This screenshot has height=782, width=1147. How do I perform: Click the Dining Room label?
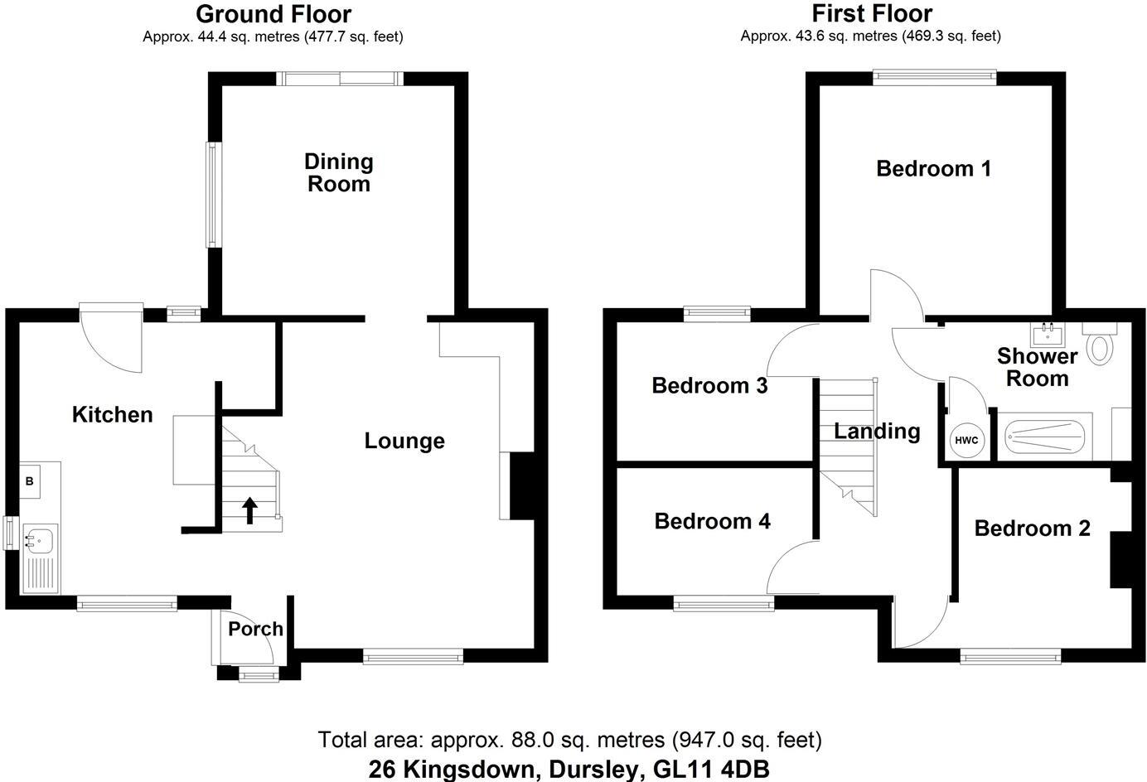coord(338,172)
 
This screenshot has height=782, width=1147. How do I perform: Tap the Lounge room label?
coord(404,441)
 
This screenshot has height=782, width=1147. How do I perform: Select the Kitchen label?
coord(112,414)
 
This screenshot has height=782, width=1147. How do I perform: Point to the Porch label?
coord(255,629)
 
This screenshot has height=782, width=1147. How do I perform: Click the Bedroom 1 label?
coord(933,169)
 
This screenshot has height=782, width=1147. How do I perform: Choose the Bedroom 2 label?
coord(1032,528)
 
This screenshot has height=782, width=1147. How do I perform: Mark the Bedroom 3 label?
coord(709,385)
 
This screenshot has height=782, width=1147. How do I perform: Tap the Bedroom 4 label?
coord(712,521)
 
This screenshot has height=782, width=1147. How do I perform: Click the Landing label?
coord(877,431)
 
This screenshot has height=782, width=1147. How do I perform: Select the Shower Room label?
coord(1037,367)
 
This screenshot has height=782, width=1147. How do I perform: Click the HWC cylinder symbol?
coord(966,440)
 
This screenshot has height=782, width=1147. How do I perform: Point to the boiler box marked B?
coord(30,480)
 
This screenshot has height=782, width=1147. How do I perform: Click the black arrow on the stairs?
coord(249,510)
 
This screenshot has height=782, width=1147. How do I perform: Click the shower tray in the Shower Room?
coord(1045,437)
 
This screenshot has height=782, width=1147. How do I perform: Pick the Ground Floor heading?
coord(273,14)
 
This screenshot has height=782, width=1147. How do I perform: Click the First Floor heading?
coord(871,14)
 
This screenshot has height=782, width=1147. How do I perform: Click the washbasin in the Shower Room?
coord(1048,335)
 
